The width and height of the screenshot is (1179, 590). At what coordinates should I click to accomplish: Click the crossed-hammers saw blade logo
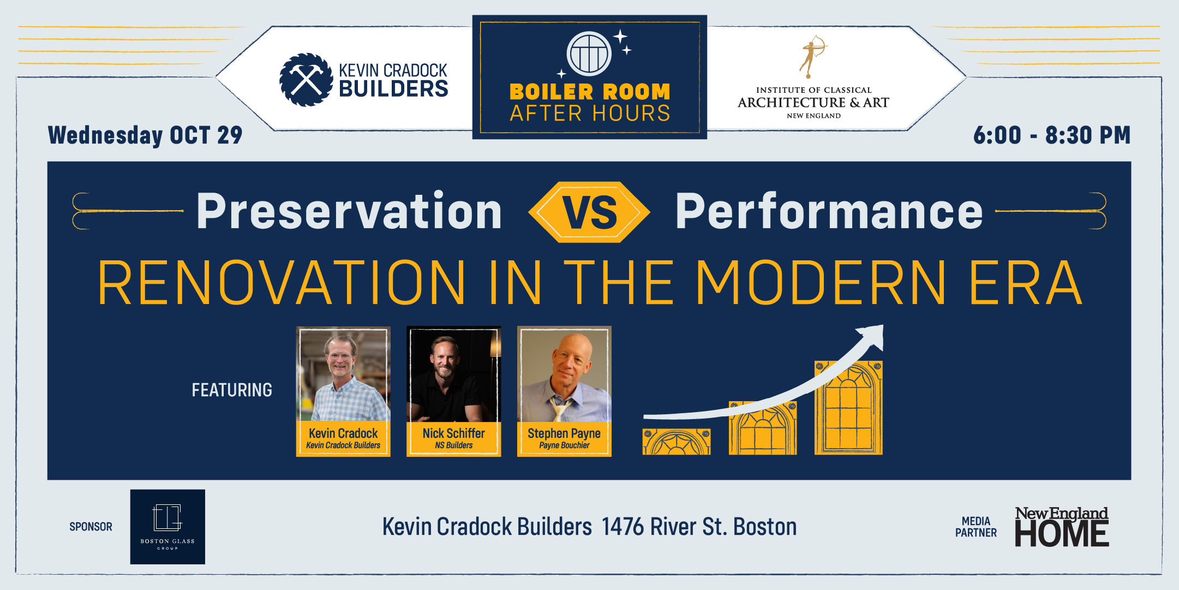click(306, 80)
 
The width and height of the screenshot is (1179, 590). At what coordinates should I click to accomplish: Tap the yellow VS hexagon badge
click(589, 212)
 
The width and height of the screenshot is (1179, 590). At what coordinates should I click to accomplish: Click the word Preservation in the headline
click(349, 211)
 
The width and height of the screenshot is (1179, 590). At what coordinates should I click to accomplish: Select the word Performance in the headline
click(829, 211)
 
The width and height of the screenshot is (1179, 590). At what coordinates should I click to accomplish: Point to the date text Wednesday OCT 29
click(145, 135)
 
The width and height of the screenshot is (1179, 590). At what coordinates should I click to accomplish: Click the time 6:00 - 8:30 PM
click(1052, 135)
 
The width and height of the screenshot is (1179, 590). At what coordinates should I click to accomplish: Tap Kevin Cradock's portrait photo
click(343, 374)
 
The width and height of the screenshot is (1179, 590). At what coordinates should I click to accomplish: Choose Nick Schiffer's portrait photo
click(454, 374)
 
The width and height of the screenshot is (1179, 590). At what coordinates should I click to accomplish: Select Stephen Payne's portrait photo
click(564, 374)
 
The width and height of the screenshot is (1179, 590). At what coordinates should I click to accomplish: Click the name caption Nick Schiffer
click(454, 433)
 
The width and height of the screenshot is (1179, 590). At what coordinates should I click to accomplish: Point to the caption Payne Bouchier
click(564, 445)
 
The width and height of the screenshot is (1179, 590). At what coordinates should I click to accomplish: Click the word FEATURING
click(232, 390)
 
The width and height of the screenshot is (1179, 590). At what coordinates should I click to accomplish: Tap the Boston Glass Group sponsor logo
click(167, 527)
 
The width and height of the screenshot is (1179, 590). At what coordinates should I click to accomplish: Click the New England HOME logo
click(1062, 527)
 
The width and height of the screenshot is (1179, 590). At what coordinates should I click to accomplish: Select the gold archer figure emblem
click(813, 57)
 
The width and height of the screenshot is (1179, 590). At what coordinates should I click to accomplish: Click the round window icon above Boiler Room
click(589, 53)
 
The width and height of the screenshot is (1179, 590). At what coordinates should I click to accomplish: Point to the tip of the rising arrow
click(882, 326)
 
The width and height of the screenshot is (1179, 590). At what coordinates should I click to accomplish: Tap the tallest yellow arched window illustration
click(848, 408)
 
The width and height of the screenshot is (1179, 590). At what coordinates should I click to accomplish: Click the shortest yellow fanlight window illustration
click(677, 442)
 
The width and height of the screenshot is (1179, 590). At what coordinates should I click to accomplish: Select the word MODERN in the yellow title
click(821, 283)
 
